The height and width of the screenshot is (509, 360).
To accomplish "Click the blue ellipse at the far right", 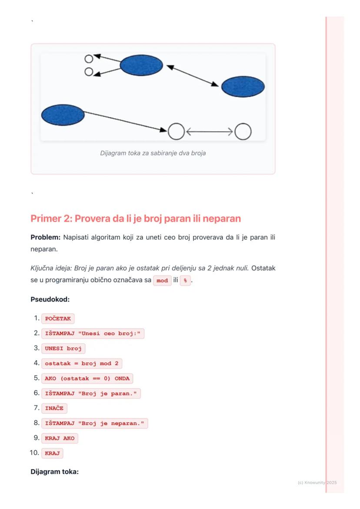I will (x=243, y=87).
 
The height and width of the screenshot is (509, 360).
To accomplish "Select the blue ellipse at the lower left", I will (x=63, y=115).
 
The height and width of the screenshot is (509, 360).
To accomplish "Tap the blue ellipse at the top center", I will (x=141, y=66).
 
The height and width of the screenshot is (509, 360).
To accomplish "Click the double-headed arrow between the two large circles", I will (x=210, y=132).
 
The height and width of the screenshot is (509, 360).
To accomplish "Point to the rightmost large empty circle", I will (x=243, y=132).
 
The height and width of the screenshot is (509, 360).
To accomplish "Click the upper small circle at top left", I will (x=89, y=59).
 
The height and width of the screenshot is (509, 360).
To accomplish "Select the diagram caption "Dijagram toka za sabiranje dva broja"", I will (x=153, y=153).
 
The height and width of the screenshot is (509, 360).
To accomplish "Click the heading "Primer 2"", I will (x=135, y=218).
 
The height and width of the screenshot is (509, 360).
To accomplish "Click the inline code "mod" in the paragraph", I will (x=162, y=281).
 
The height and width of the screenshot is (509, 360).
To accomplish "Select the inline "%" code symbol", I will (x=185, y=281).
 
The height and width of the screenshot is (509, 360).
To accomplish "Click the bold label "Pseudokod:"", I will (x=50, y=299).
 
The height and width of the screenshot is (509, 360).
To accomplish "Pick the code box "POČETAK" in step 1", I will (x=58, y=319).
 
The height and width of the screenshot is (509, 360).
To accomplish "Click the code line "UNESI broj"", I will (x=63, y=349).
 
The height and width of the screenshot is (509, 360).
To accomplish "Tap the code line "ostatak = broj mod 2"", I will (x=82, y=363).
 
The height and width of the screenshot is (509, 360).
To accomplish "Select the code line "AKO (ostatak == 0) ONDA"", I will (x=87, y=378).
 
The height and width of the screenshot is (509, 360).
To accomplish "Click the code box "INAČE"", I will (x=54, y=408).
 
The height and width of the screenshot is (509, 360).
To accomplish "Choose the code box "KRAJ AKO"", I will (x=60, y=438).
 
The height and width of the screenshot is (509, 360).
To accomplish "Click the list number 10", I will (x=34, y=453).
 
